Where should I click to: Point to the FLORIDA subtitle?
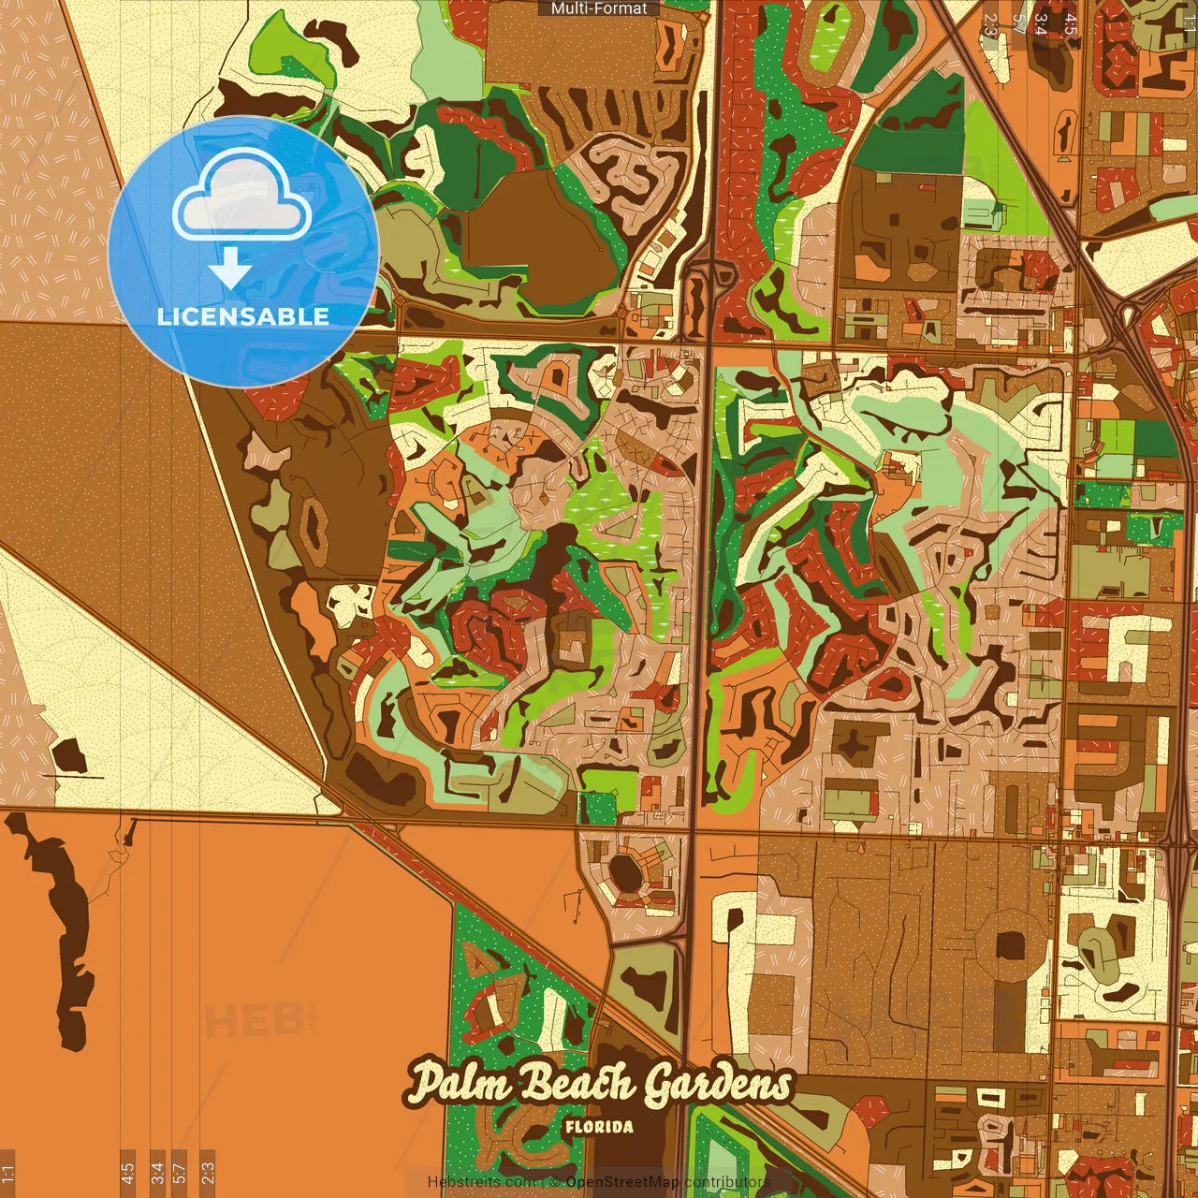coord(599,1127)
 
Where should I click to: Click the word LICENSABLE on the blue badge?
coord(243,316)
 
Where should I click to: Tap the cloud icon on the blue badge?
coord(241,197)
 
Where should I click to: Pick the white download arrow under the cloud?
coord(229,270)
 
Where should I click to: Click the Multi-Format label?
coord(599,8)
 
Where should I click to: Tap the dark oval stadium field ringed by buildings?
coord(624,873)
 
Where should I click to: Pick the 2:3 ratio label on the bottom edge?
coord(207,1172)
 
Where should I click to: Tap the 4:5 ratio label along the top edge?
coord(1071,23)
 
